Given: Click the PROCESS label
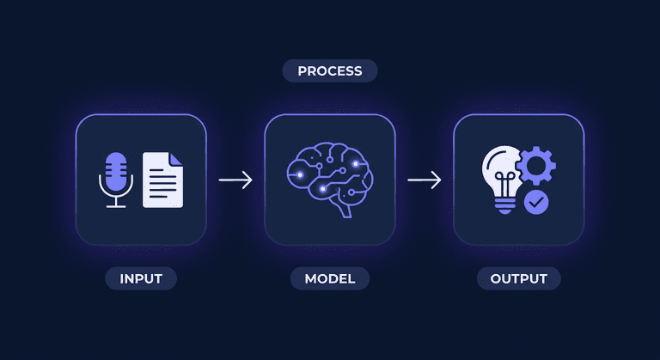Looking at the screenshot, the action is (x=330, y=70).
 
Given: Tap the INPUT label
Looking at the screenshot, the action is (x=141, y=278).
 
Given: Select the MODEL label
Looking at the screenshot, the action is (x=330, y=278).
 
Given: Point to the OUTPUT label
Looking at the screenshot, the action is (x=518, y=278).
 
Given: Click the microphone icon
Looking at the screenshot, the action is (x=116, y=180).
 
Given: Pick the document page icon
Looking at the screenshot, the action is (x=163, y=180).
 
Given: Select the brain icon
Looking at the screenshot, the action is (x=330, y=180).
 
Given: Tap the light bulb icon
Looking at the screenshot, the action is (x=503, y=180).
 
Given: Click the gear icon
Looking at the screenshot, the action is (x=536, y=166).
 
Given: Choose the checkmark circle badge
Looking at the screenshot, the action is (x=536, y=202).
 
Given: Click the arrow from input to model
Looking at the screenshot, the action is (x=235, y=180).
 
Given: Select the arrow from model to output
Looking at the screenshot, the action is (x=425, y=180).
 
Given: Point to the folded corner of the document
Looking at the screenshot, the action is (x=175, y=159).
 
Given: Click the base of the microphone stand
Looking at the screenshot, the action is (x=116, y=206).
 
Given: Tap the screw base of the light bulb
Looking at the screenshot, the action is (x=504, y=205).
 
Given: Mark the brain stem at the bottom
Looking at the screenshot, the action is (x=345, y=211).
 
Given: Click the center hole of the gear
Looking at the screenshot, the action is (x=536, y=166).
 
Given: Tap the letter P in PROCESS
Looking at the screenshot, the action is (x=302, y=71).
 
